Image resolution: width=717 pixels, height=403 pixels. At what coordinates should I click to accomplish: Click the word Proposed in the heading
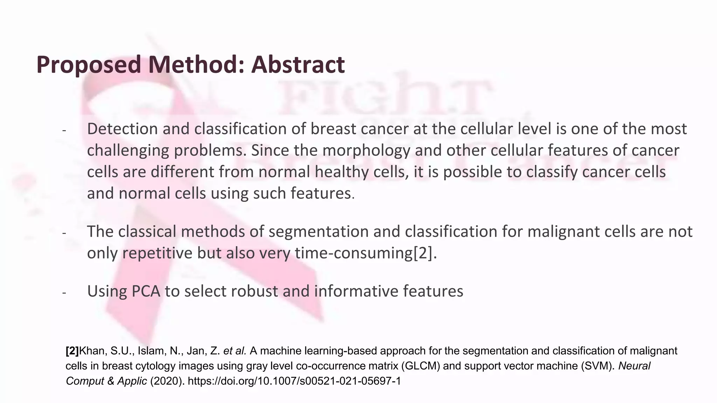click(88, 65)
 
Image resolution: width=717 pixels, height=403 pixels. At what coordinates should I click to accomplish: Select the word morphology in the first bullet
click(366, 151)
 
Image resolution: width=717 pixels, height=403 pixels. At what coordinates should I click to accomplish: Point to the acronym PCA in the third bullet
click(146, 291)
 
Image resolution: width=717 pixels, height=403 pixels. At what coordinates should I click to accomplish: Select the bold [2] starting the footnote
click(72, 351)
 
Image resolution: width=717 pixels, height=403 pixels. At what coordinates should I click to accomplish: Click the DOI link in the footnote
click(294, 381)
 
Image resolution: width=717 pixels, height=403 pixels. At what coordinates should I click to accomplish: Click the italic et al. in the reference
click(235, 351)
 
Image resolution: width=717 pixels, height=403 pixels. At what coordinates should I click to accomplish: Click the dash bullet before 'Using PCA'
click(64, 292)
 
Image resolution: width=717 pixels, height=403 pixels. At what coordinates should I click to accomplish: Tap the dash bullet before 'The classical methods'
click(64, 233)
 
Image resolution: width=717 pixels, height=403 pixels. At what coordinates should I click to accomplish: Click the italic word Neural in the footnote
click(634, 366)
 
